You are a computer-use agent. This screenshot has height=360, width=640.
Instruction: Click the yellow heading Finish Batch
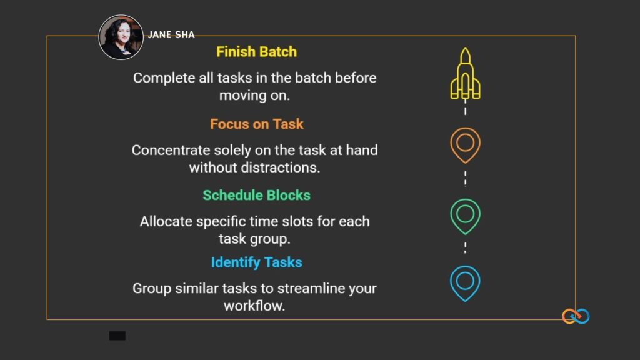click(256, 52)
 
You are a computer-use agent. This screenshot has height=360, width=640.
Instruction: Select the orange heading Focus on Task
click(256, 124)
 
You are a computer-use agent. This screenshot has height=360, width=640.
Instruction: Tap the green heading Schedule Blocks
click(256, 195)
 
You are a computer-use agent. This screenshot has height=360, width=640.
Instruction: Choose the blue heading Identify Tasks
click(256, 262)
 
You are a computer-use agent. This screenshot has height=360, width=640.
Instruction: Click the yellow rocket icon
click(465, 75)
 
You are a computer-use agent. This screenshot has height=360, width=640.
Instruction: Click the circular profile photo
click(121, 37)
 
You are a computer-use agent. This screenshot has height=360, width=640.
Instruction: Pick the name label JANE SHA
click(171, 34)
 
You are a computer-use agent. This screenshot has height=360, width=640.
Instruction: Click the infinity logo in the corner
click(576, 316)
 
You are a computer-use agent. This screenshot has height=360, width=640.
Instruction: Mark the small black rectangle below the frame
click(117, 336)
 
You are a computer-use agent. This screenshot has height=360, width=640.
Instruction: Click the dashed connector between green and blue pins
click(465, 247)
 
